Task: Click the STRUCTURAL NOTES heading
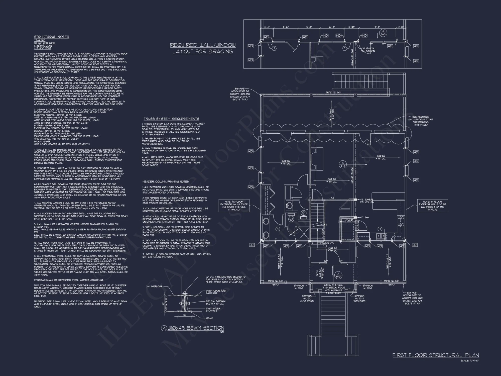point(51,37)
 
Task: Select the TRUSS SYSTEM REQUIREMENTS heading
point(171,119)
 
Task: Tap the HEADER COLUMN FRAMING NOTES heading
point(166,181)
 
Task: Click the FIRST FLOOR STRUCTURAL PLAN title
point(435,355)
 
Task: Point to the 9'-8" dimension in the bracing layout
point(377,27)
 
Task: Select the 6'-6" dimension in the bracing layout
point(286,27)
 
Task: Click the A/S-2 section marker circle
point(342,164)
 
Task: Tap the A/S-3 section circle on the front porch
point(338,275)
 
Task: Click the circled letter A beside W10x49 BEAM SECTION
point(164,328)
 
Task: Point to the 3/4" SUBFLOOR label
point(154,286)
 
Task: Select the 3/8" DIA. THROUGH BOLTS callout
point(215,303)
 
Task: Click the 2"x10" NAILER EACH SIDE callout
point(213,310)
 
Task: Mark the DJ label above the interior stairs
point(332,198)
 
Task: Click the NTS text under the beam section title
point(222,332)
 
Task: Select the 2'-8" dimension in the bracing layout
point(401,27)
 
